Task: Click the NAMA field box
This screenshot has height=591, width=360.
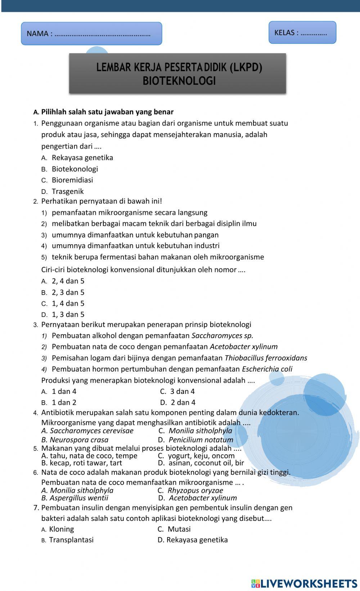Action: (x=91, y=33)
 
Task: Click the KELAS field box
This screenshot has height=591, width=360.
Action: (x=302, y=32)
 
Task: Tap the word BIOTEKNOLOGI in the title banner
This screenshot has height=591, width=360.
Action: (x=179, y=81)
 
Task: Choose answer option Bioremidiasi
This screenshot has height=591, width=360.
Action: (x=72, y=180)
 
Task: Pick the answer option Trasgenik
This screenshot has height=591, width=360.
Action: (x=67, y=191)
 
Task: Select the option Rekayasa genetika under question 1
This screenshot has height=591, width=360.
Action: (x=82, y=158)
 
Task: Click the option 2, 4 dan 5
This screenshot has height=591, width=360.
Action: (x=68, y=281)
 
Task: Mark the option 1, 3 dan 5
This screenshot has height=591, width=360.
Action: (x=68, y=314)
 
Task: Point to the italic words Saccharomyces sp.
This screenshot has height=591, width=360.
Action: (x=222, y=336)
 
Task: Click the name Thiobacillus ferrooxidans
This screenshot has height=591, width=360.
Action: (x=266, y=358)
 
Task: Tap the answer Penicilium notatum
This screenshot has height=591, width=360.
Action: (x=201, y=440)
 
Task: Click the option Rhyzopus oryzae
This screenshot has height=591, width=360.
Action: (x=195, y=490)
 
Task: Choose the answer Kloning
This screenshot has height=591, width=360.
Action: (x=61, y=529)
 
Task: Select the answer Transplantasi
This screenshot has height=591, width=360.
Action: (x=71, y=540)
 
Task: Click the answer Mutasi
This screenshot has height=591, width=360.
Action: (x=179, y=529)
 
